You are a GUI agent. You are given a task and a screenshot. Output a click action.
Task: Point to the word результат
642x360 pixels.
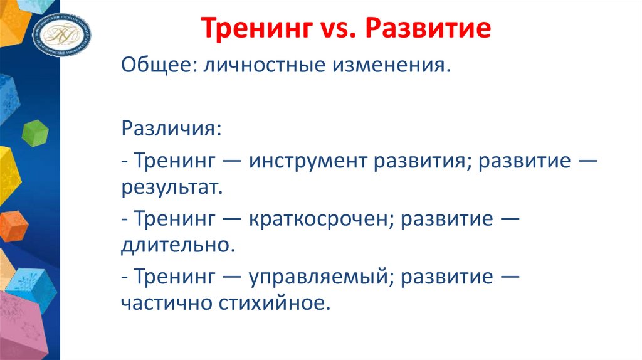pyautogui.click(x=172, y=187)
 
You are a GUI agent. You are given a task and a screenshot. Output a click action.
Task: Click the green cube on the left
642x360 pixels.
pyautogui.click(x=34, y=132)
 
